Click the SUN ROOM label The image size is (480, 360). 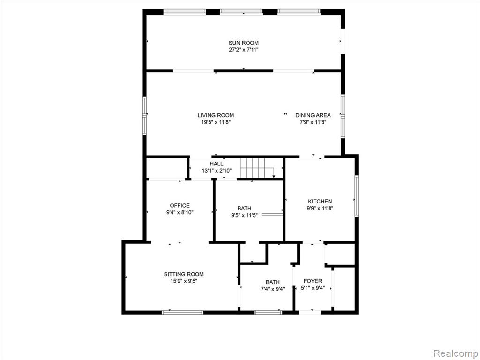(243, 43)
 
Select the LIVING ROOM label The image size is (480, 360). (216, 115)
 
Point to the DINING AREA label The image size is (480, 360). (313, 115)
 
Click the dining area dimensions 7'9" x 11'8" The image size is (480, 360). (313, 122)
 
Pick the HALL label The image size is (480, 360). (217, 164)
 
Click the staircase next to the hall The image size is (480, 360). (258, 168)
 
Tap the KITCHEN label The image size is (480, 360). (320, 202)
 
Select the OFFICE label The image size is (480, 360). (180, 205)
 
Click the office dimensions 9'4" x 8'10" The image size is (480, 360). (180, 212)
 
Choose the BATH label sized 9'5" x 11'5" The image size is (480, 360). (244, 209)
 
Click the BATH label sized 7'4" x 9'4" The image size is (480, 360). (272, 282)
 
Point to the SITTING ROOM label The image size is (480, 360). (184, 274)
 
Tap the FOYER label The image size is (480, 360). (313, 281)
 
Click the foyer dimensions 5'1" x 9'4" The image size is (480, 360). (313, 288)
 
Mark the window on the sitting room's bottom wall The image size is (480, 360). (182, 312)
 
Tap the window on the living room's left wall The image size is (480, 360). (145, 115)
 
